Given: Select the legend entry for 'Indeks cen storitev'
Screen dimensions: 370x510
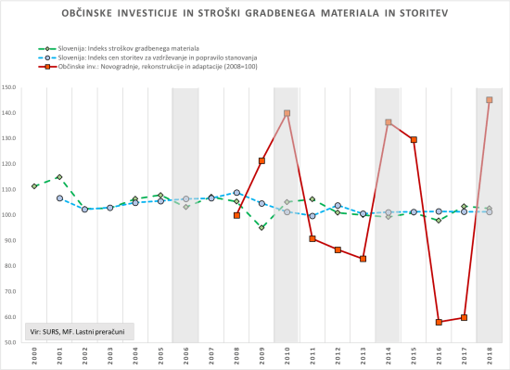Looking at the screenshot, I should pyautogui.click(x=148, y=57).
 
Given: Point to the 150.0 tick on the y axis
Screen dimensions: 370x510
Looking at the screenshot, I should pyautogui.click(x=14, y=88).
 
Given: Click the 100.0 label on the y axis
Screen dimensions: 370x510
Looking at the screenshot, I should pyautogui.click(x=14, y=215).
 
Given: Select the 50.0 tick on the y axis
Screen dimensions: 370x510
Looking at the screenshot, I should pyautogui.click(x=14, y=342).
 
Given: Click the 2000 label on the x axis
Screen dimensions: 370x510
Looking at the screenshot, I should pyautogui.click(x=34, y=355).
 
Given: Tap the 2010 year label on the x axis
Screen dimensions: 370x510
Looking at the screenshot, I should pyautogui.click(x=287, y=355).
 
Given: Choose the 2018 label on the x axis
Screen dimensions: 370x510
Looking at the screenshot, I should pyautogui.click(x=489, y=355).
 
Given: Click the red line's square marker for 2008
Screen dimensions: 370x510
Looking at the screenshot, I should pyautogui.click(x=236, y=215).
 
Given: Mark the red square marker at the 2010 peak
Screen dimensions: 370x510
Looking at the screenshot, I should pyautogui.click(x=287, y=113).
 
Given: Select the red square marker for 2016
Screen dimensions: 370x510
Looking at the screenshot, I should pyautogui.click(x=439, y=322).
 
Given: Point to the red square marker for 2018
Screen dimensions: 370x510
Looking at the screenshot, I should pyautogui.click(x=489, y=100).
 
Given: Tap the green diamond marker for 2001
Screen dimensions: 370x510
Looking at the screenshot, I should pyautogui.click(x=59, y=177).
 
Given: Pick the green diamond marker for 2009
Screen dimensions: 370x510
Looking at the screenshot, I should pyautogui.click(x=261, y=227).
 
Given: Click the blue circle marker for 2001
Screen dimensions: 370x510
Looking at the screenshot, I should pyautogui.click(x=59, y=198).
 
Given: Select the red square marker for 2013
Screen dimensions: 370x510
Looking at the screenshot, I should pyautogui.click(x=363, y=259).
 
